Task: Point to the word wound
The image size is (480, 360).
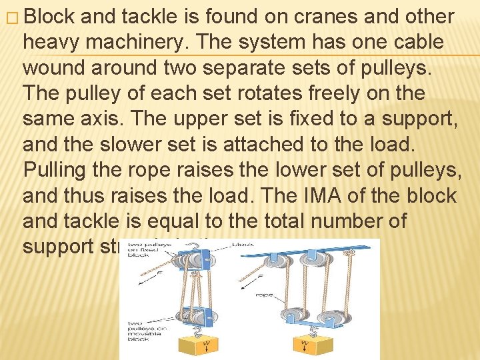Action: (53, 67)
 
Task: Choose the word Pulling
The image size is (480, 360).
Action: (57, 171)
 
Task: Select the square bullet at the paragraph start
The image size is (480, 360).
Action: (8, 17)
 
